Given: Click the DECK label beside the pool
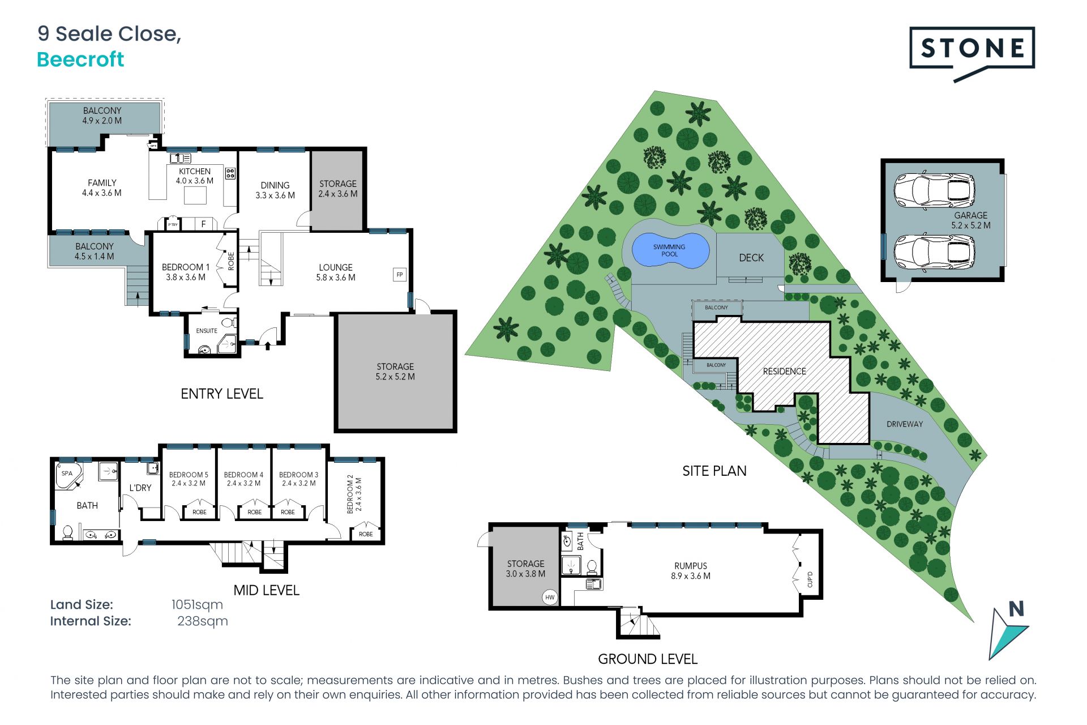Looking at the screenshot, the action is click(751, 258).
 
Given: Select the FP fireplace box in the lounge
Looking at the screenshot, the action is click(400, 275).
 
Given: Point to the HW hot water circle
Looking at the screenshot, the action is click(550, 597).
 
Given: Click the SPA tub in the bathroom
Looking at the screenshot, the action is click(68, 475).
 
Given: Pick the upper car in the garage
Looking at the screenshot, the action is click(934, 190).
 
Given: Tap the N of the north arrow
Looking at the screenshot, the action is click(1016, 609).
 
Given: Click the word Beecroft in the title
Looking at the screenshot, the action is click(80, 59).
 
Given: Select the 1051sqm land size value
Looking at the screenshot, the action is click(197, 604).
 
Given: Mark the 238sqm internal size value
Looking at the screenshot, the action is click(203, 621).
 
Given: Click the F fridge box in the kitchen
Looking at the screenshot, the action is click(204, 224).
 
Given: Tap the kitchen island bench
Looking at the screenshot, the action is click(195, 195).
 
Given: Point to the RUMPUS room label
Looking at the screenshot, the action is click(691, 566).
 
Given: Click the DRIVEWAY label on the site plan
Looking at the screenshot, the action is click(905, 424).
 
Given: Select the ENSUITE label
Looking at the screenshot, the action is click(207, 331).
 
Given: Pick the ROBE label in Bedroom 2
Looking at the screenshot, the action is click(366, 534).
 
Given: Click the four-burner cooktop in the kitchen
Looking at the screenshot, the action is click(230, 173).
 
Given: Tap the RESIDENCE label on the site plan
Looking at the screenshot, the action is click(784, 371).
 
